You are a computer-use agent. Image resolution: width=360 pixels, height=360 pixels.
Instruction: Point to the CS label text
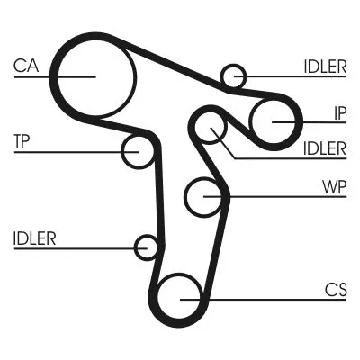tap(335, 289)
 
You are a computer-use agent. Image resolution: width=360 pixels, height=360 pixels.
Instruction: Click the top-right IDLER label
tap(325, 67)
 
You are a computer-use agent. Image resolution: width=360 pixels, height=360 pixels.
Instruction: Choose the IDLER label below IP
tap(325, 148)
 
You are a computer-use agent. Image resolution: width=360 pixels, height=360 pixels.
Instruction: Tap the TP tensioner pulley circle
tap(139, 151)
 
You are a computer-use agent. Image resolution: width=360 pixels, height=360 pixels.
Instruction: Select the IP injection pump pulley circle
tap(274, 121)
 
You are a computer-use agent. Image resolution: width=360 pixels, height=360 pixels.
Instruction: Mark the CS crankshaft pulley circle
tap(180, 296)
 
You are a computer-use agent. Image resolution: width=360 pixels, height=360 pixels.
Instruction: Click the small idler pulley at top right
tap(234, 76)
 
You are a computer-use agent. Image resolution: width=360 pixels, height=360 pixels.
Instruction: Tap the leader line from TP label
tap(72, 151)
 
